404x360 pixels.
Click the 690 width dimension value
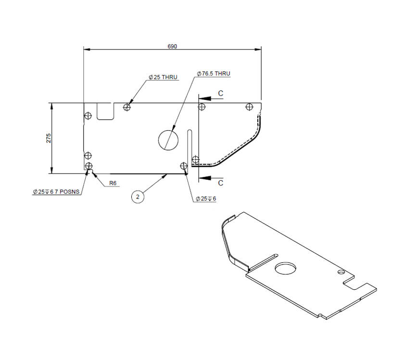172,46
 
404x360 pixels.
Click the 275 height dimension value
49,138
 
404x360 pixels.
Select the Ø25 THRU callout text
163,77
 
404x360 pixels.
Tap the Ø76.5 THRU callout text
213,74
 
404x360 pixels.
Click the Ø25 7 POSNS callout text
56,192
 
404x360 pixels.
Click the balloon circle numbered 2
138,197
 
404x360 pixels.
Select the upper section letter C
220,93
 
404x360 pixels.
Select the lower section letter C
220,183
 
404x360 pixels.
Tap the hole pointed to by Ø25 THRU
127,107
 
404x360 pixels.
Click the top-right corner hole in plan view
249,107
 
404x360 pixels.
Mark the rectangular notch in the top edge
105,111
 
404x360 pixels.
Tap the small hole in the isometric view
341,272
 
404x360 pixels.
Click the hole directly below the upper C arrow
202,107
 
